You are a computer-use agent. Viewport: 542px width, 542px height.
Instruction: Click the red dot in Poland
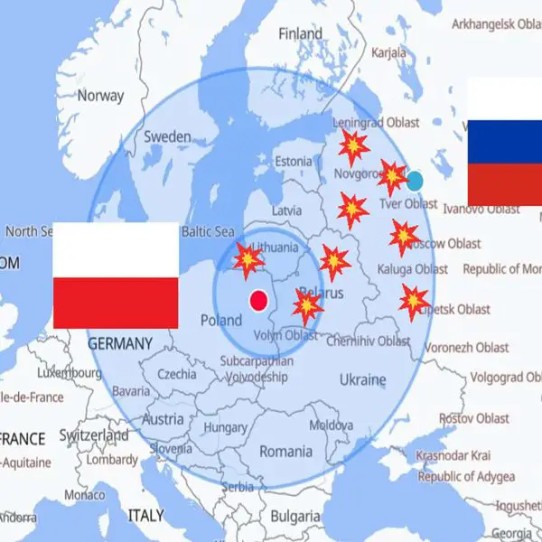pyautogui.click(x=259, y=300)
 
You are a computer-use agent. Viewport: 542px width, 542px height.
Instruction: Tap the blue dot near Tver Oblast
pyautogui.click(x=415, y=180)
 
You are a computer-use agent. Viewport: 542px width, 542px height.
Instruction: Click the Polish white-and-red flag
pyautogui.click(x=116, y=276)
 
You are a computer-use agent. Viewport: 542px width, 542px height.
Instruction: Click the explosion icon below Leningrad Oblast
pyautogui.click(x=354, y=145)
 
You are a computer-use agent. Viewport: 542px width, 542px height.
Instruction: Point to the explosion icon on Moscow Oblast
pyautogui.click(x=404, y=237)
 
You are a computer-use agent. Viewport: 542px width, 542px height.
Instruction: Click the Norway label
pyautogui.click(x=101, y=95)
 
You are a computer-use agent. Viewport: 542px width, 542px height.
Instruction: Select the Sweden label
pyautogui.click(x=167, y=136)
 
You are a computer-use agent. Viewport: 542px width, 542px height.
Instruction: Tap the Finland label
pyautogui.click(x=301, y=33)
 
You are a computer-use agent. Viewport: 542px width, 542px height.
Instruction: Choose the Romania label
pyautogui.click(x=285, y=450)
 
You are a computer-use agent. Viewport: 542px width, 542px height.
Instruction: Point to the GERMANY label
pyautogui.click(x=120, y=343)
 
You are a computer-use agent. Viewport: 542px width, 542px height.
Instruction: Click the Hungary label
pyautogui.click(x=227, y=426)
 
